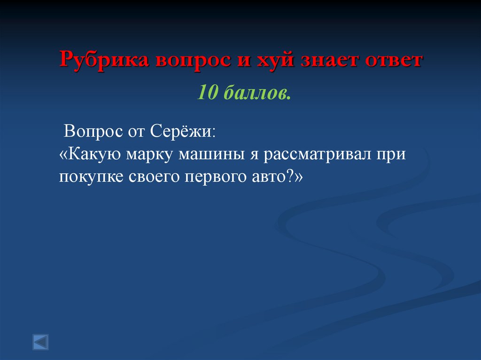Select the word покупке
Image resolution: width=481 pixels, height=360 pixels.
89,177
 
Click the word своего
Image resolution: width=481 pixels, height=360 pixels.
151,177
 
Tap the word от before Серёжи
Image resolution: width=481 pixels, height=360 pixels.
136,130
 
